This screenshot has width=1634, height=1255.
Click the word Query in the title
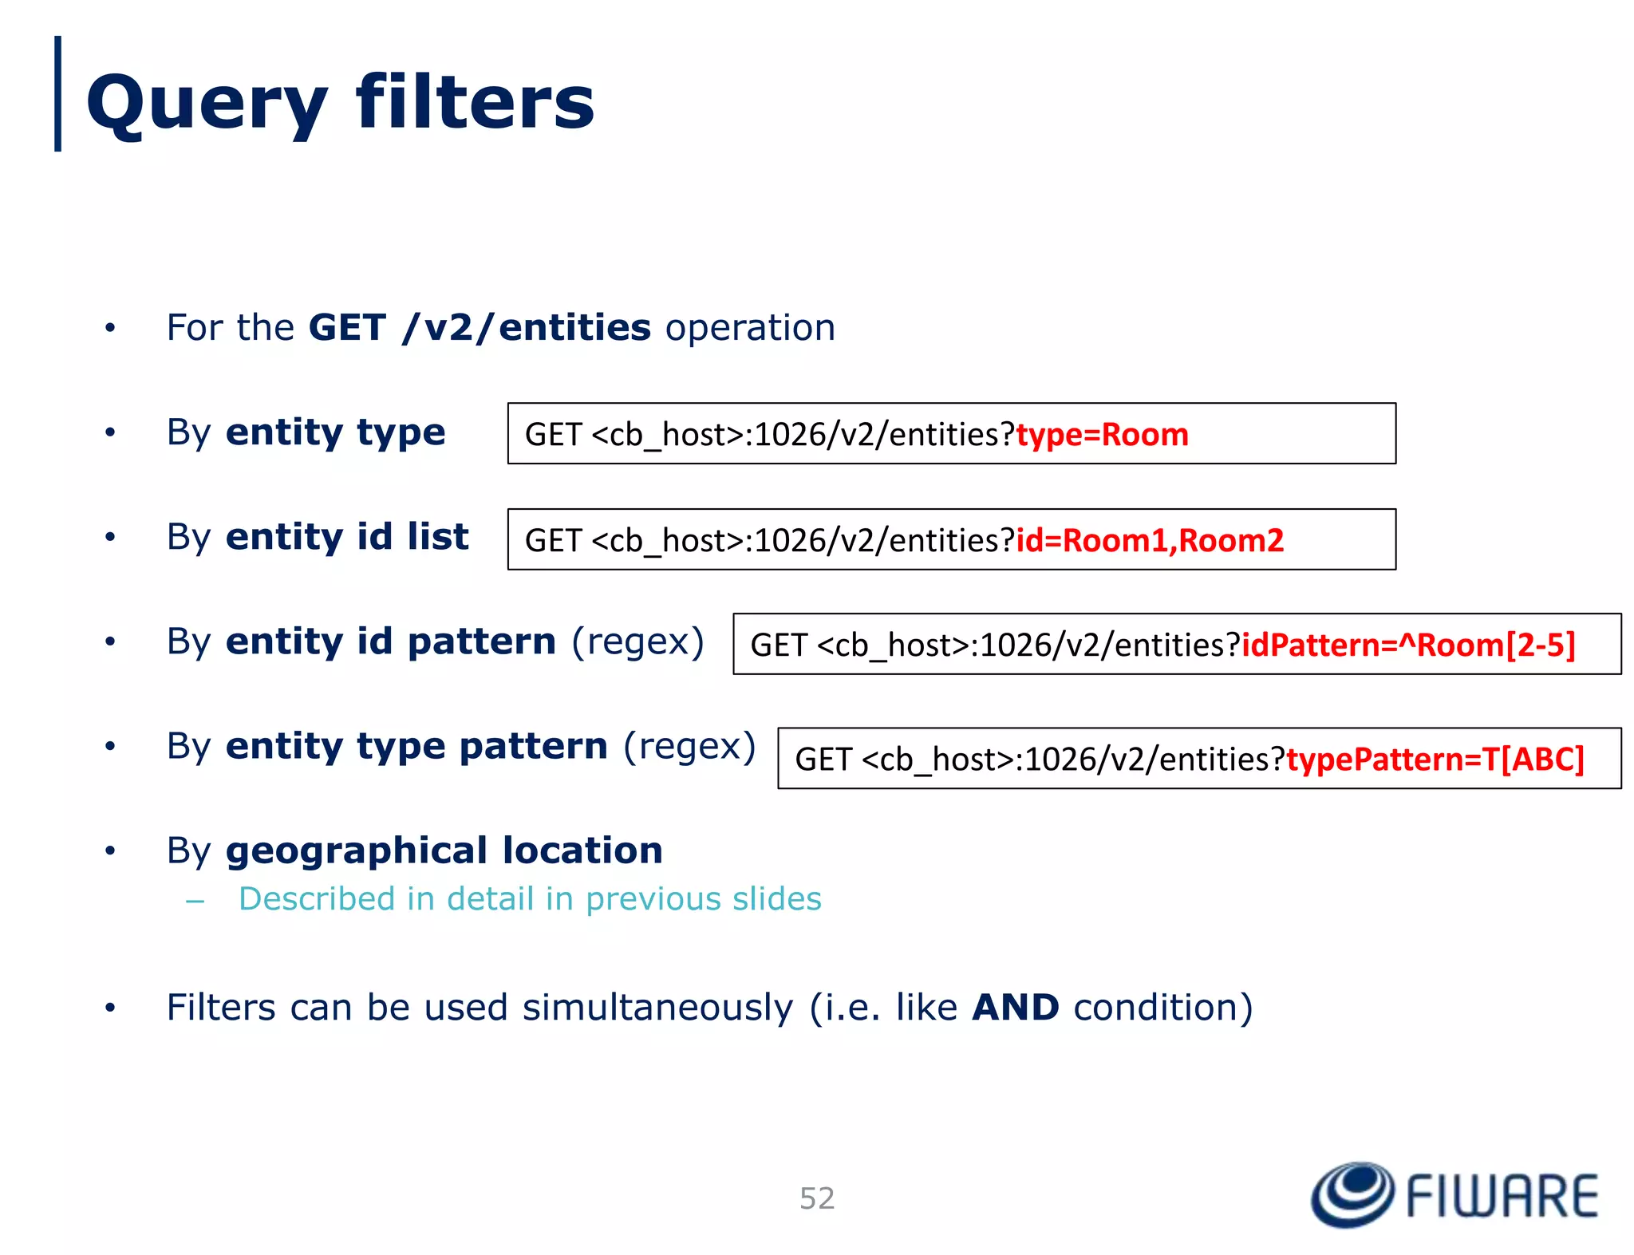[207, 104]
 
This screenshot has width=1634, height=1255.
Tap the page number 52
[817, 1198]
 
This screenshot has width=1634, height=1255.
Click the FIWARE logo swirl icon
[1352, 1194]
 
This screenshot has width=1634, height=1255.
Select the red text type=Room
[1102, 435]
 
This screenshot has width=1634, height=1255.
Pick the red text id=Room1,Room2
[1150, 541]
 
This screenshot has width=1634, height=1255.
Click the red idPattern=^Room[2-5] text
[1408, 645]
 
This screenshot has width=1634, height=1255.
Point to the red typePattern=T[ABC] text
[1435, 759]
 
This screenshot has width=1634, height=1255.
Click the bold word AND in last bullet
[1015, 1007]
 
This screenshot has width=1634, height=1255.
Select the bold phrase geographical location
[444, 850]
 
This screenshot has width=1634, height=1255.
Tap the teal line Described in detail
[530, 899]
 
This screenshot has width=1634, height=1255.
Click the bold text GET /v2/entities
[480, 328]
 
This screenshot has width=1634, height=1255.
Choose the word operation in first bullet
[750, 328]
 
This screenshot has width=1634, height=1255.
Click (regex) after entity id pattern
[637, 641]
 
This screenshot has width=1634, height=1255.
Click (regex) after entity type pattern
[689, 746]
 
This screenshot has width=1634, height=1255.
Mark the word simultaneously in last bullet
[657, 1008]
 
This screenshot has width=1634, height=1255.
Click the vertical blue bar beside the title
[57, 93]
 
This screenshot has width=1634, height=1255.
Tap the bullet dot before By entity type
[110, 433]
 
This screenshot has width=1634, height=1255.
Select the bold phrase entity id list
[347, 537]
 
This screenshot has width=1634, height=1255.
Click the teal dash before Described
[195, 902]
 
